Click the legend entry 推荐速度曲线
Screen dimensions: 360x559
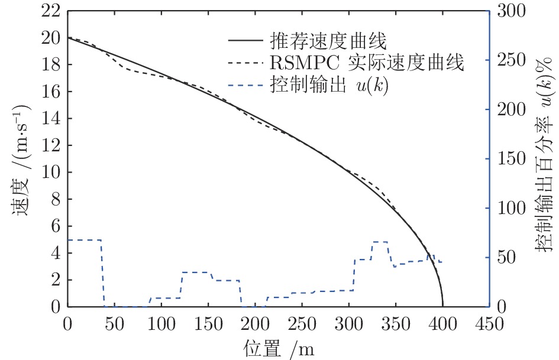328,42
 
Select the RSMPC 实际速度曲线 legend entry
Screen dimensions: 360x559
367,62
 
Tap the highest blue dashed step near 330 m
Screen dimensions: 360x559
379,242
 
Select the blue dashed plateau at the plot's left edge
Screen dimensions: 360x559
85,239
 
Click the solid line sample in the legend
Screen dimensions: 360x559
244,42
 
